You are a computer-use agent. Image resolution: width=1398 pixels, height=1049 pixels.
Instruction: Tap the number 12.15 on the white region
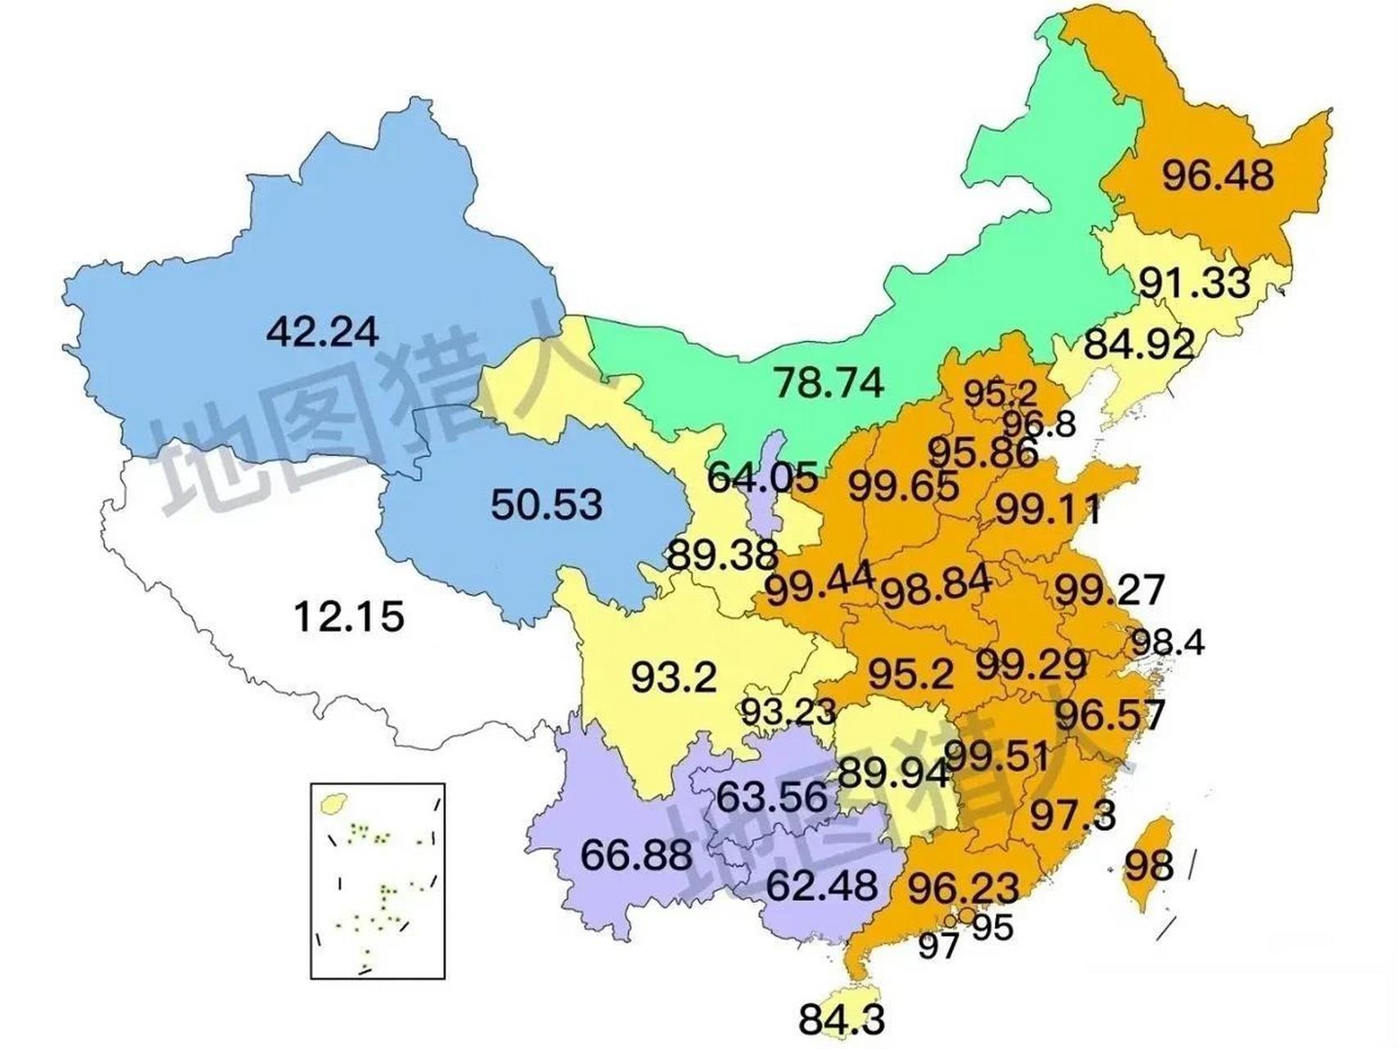(348, 616)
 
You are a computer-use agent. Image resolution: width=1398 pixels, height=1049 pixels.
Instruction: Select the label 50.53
(547, 504)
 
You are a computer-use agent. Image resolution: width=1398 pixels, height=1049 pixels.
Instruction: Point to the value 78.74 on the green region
(829, 383)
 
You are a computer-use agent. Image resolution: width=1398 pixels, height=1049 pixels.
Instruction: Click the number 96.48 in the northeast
(1218, 175)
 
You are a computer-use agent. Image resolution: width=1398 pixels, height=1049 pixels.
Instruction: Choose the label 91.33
(1195, 283)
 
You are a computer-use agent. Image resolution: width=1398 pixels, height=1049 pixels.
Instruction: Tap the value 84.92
(1139, 344)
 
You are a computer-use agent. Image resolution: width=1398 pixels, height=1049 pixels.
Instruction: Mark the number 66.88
(636, 856)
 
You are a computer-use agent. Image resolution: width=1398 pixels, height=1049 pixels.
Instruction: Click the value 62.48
(822, 885)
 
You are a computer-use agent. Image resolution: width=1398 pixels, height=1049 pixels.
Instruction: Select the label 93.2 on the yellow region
(674, 678)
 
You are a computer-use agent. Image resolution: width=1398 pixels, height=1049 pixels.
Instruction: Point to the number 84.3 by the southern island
(842, 1020)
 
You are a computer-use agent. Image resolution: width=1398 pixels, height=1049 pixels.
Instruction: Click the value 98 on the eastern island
(1149, 865)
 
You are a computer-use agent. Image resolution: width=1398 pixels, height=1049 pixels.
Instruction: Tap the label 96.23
(964, 888)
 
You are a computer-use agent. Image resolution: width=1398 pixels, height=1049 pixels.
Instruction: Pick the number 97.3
(1072, 815)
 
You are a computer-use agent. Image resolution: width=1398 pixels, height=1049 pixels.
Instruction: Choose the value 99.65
(903, 488)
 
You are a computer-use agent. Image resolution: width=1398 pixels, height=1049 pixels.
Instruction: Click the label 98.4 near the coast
(1167, 643)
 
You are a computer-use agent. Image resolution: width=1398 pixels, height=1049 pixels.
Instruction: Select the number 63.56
(771, 797)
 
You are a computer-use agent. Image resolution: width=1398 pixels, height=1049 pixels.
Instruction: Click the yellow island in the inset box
(332, 803)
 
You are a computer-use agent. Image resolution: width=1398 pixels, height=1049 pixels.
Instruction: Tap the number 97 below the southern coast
(937, 946)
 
